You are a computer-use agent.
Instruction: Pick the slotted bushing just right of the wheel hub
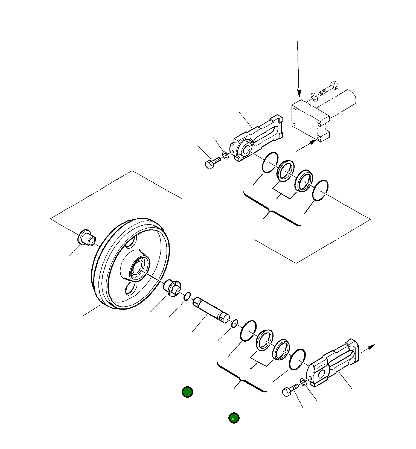pos(172,288)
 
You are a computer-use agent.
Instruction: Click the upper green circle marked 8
pos(187,392)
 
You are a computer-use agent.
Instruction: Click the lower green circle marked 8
pos(234,418)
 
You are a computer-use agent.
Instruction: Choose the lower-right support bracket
pos(332,364)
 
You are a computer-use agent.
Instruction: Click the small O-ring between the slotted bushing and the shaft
pos(187,296)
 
